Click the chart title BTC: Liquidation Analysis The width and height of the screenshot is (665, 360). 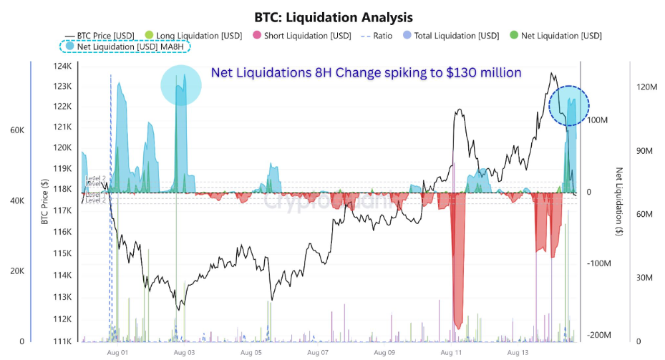tap(333, 16)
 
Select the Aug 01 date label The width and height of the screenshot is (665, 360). tap(117, 353)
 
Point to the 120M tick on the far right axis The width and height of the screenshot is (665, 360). tap(646, 87)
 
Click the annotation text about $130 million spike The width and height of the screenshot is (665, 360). tap(366, 72)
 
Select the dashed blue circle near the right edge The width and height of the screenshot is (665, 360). tap(569, 106)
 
